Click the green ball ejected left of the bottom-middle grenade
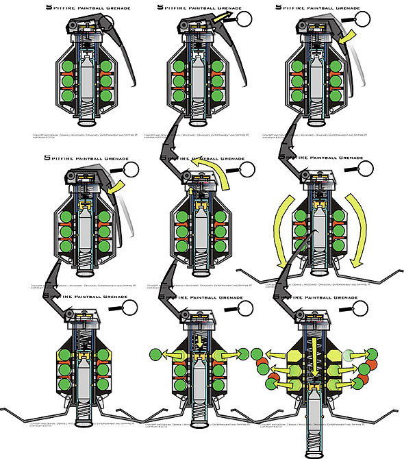[x=155, y=356]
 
